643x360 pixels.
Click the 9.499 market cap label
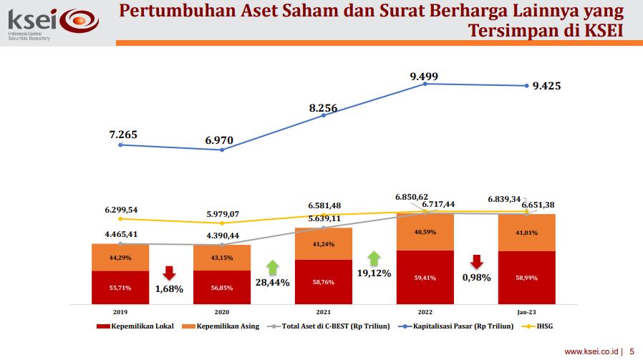424,77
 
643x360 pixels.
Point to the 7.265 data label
123,134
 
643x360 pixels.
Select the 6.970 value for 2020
219,140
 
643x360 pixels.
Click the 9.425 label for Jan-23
547,86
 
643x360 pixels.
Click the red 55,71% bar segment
120,287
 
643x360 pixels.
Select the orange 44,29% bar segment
120,258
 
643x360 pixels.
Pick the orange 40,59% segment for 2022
425,231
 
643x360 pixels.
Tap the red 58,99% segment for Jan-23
526,277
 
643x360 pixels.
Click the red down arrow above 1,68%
170,273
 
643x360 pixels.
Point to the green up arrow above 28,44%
272,267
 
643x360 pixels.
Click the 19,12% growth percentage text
373,273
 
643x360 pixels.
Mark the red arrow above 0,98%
476,261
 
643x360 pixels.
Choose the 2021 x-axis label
323,312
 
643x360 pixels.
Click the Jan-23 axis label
526,312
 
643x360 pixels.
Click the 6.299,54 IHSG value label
121,210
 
